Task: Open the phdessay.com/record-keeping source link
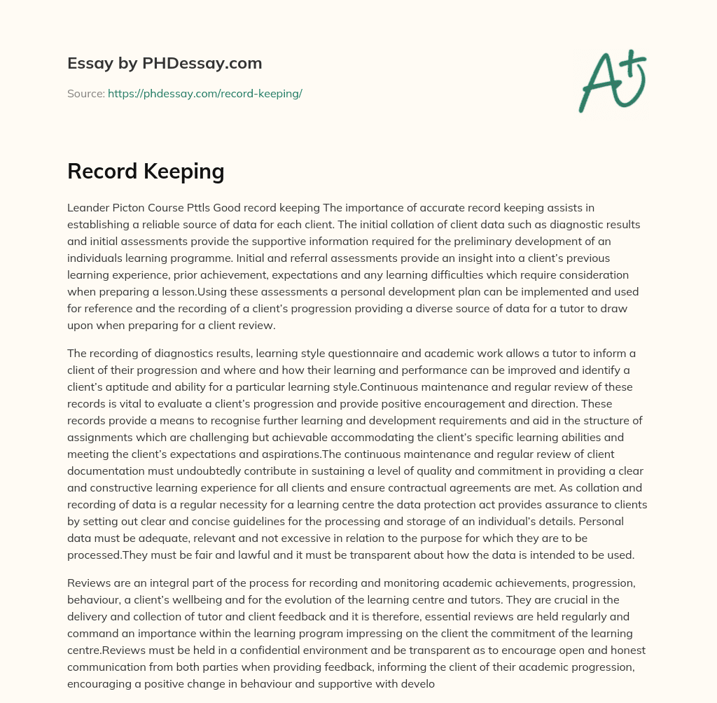(x=204, y=93)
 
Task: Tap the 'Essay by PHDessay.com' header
(x=165, y=63)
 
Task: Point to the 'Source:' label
(x=85, y=93)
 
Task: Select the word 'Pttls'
(x=202, y=207)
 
